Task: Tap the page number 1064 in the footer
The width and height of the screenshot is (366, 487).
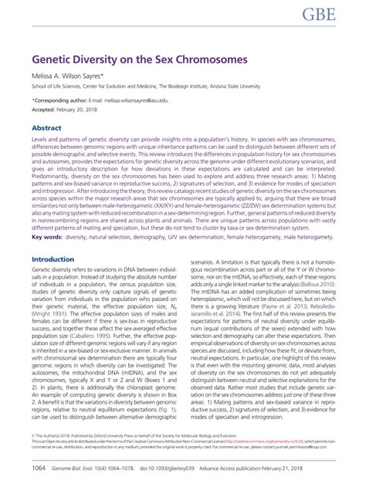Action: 42,468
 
